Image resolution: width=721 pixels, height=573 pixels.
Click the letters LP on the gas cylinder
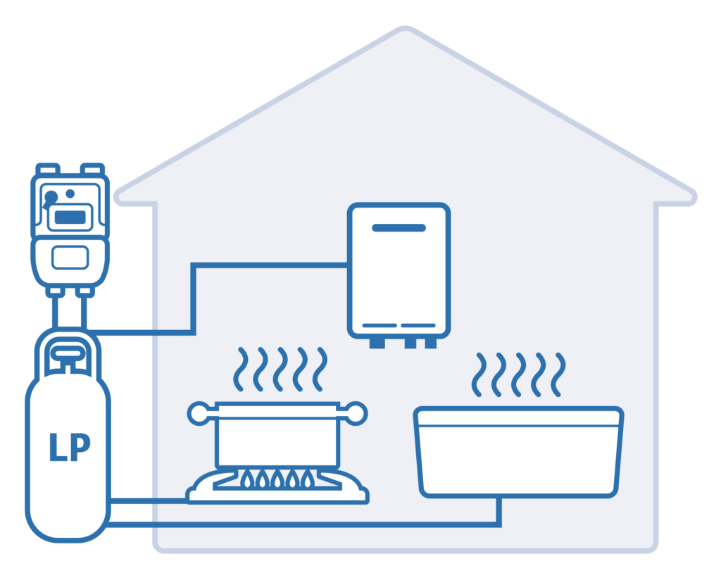(x=70, y=448)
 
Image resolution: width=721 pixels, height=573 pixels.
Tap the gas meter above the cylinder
(x=69, y=225)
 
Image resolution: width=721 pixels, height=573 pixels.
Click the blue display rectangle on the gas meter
(x=70, y=217)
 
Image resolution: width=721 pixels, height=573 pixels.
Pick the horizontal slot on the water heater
(x=399, y=228)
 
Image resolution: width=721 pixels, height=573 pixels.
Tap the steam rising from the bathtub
(x=520, y=374)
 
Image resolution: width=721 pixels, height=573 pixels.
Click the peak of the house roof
(x=404, y=31)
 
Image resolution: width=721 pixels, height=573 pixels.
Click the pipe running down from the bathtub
(x=499, y=511)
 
